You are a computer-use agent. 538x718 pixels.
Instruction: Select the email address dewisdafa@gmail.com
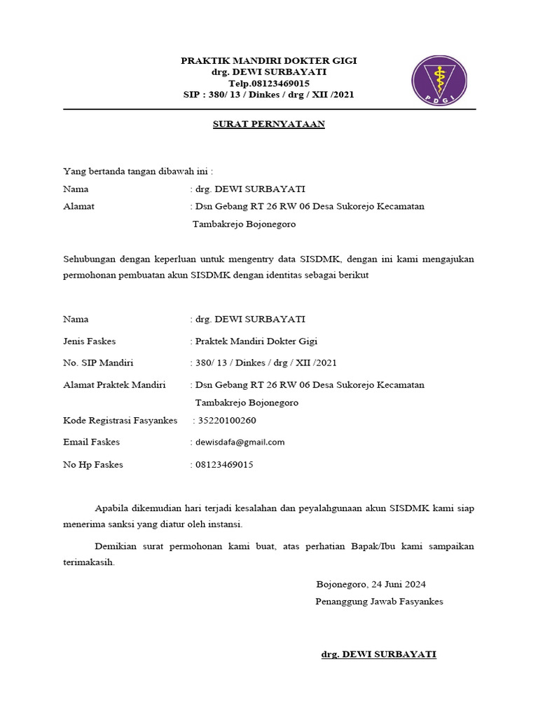coord(240,442)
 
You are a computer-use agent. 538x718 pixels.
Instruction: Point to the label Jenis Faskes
coord(90,341)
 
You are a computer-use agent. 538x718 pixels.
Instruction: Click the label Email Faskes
coord(92,442)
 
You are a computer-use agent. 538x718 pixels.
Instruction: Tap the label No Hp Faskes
coord(93,465)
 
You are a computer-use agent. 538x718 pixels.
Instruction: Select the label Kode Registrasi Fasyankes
coord(120,421)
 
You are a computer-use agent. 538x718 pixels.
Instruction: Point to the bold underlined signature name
coord(378,654)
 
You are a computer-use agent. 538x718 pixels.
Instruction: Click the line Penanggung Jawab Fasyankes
coord(379,602)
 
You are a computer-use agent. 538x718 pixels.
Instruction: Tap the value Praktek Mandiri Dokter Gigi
coord(256,341)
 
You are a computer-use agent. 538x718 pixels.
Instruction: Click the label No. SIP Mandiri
coord(98,363)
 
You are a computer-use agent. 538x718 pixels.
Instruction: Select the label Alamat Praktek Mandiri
coord(114,385)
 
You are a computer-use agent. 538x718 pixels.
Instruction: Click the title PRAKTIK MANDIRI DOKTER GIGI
coord(269,61)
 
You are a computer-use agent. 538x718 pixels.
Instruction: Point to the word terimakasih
coord(88,562)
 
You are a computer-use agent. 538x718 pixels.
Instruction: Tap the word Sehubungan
coord(88,259)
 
